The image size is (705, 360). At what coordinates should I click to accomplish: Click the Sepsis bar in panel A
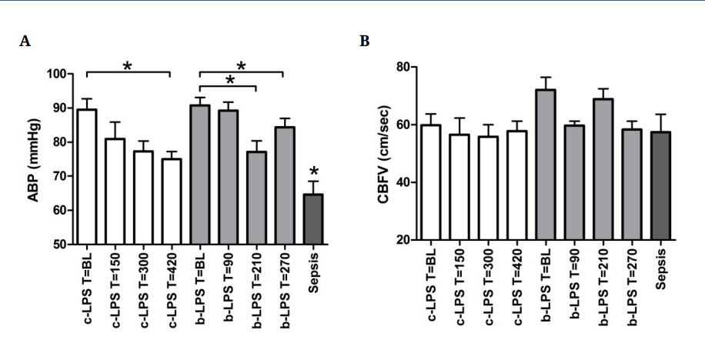click(x=313, y=219)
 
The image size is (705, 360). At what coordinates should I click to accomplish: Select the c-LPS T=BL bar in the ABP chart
click(x=87, y=177)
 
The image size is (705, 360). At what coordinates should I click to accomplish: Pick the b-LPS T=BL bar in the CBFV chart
click(x=545, y=165)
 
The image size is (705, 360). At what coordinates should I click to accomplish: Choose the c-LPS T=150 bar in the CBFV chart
click(x=459, y=188)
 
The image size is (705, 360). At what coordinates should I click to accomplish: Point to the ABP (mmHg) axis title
click(x=35, y=159)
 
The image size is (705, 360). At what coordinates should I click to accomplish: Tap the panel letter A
click(x=25, y=42)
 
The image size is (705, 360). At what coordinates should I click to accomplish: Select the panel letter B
click(x=365, y=42)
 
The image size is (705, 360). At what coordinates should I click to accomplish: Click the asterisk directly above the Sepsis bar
click(x=313, y=171)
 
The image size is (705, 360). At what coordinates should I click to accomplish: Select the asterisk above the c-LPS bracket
click(x=128, y=66)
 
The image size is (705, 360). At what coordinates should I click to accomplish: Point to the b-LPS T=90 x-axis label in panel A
click(x=229, y=284)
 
